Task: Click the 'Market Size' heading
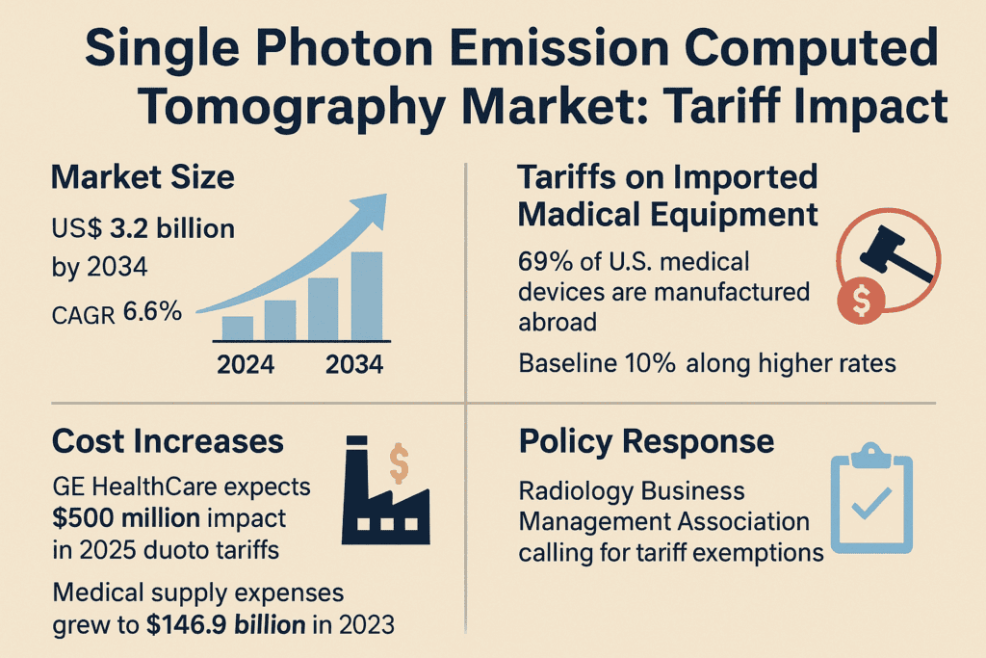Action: click(143, 178)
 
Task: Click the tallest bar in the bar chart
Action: click(366, 296)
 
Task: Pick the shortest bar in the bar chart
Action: click(237, 328)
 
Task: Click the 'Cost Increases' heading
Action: click(168, 441)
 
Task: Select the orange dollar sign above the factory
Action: click(400, 464)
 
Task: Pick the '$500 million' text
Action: click(126, 518)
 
